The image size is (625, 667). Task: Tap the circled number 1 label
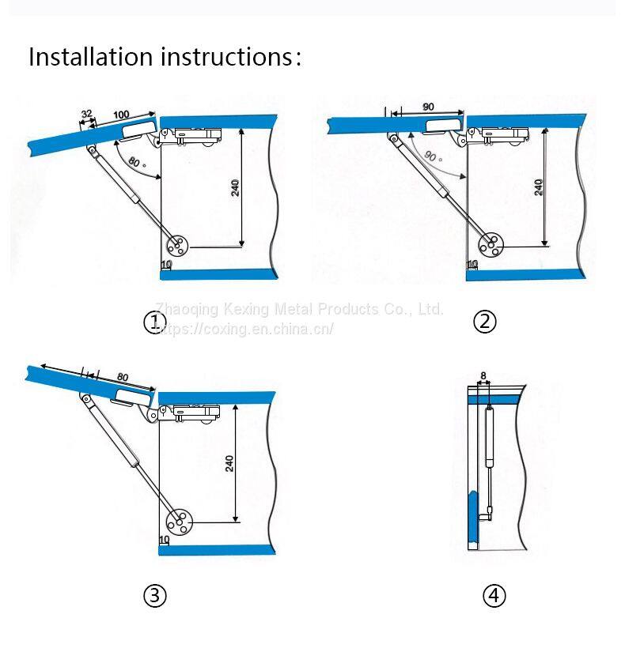coord(153,322)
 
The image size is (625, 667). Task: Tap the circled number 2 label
coord(484,322)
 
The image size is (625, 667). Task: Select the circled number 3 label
coord(154,596)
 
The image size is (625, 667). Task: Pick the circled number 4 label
coord(494,596)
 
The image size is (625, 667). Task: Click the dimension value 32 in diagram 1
coord(86,114)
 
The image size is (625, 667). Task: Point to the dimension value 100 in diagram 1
coord(121,115)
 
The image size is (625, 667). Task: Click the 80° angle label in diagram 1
coord(134,164)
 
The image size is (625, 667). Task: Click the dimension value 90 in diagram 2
coord(428,107)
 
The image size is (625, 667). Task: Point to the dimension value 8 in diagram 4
coord(482,377)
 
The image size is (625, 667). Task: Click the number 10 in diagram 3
coord(165,540)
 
